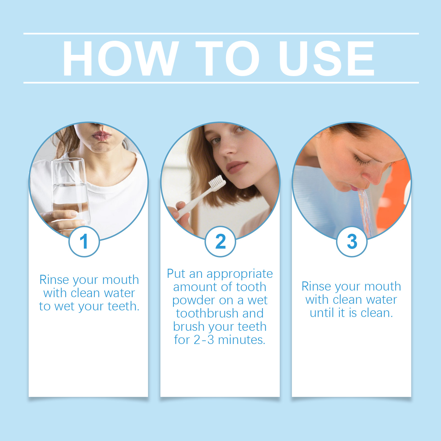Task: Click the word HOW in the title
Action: (121, 58)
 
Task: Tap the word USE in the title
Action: (327, 58)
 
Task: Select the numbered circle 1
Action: (84, 241)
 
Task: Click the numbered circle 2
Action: (220, 241)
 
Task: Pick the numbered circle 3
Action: (352, 241)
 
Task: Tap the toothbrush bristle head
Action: (217, 183)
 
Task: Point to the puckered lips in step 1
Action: (101, 136)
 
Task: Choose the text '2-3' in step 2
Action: (204, 340)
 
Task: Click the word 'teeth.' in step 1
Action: (123, 306)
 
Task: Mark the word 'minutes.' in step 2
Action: (242, 340)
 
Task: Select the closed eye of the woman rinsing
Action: (362, 162)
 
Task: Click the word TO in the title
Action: (228, 58)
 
